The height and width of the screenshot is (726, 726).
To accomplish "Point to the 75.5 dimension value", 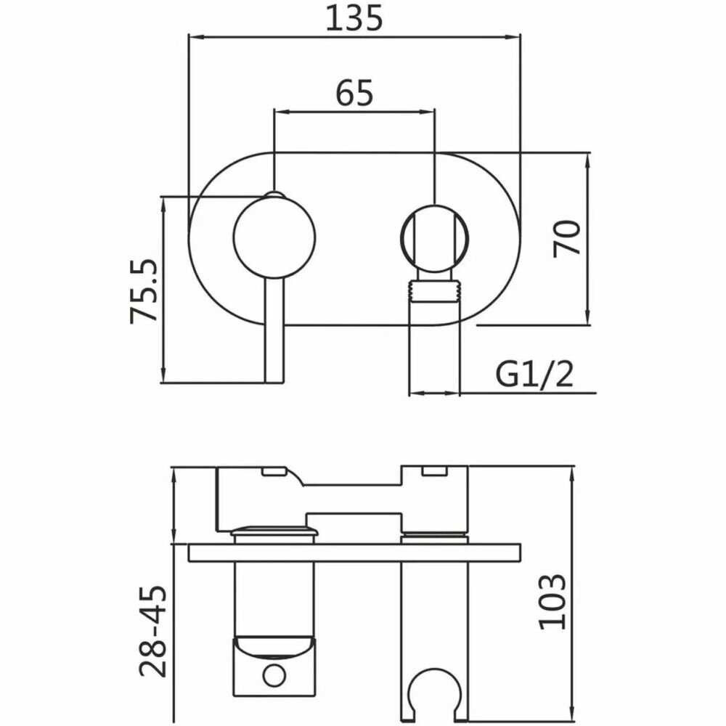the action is click(142, 291).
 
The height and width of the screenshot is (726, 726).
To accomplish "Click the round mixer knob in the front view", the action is click(274, 237).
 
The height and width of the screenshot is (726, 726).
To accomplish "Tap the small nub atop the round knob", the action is click(274, 195).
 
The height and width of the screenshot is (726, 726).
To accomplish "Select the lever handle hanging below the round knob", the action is click(274, 330).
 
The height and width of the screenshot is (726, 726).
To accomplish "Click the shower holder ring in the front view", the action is click(434, 239).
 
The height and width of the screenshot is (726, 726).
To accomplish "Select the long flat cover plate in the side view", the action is click(355, 552).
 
